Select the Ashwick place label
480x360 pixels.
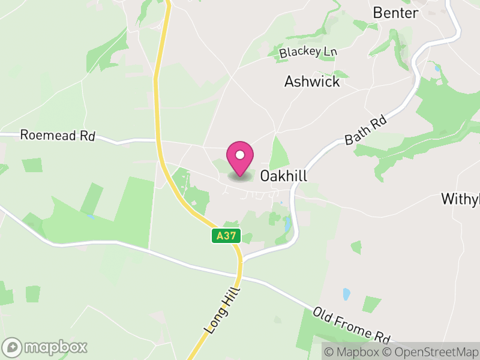(x=312, y=82)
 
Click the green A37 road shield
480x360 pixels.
(x=226, y=236)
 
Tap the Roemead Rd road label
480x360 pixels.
(x=58, y=135)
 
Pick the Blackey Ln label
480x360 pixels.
(x=308, y=52)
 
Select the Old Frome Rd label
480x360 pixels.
(x=352, y=325)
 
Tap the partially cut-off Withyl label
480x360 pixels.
(x=461, y=199)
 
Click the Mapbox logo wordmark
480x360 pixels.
(x=55, y=347)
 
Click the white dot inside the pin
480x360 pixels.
(x=240, y=155)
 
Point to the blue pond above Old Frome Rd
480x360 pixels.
(x=346, y=294)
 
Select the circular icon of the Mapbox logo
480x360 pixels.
(x=13, y=347)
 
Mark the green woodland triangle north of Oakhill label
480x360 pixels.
(x=279, y=153)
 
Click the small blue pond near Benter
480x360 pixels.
(x=437, y=68)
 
